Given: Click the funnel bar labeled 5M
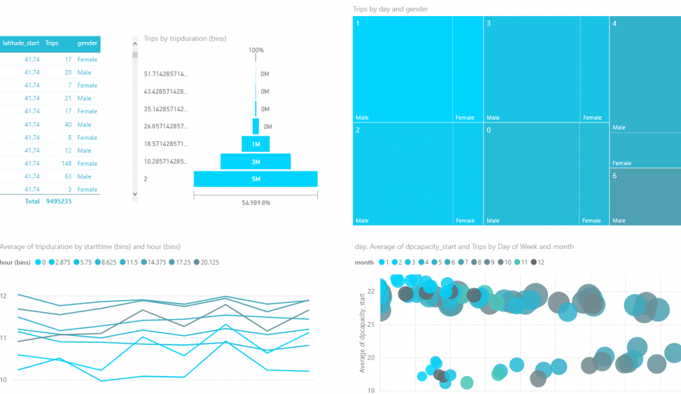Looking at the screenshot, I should click(255, 179).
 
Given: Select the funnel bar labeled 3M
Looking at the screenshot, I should click(255, 162).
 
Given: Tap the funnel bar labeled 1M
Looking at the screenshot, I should click(255, 144).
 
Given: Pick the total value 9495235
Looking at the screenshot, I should click(59, 201).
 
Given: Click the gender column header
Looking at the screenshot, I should click(88, 43).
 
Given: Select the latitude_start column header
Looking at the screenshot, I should click(21, 43).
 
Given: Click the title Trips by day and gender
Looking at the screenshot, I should click(390, 9).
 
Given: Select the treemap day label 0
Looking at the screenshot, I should click(489, 130).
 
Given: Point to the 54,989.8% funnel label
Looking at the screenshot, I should click(255, 203).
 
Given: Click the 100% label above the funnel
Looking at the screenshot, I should click(256, 50).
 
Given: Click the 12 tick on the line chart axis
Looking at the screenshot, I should click(3, 295).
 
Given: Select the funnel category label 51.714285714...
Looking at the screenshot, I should click(166, 74).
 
